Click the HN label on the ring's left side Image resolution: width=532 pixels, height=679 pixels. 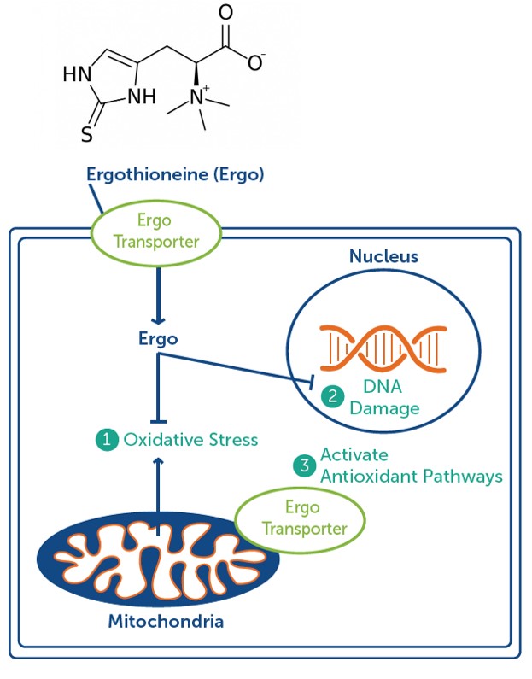75,75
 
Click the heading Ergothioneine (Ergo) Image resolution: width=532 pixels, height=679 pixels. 176,175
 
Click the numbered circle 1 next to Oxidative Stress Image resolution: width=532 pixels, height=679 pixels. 106,440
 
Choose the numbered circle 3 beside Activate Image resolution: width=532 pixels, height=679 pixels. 303,465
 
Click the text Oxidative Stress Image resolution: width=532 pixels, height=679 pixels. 190,440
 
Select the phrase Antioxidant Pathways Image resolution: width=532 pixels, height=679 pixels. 411,477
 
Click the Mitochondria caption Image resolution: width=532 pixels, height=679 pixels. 166,621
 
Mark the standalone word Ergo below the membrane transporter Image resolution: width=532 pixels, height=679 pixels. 158,339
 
